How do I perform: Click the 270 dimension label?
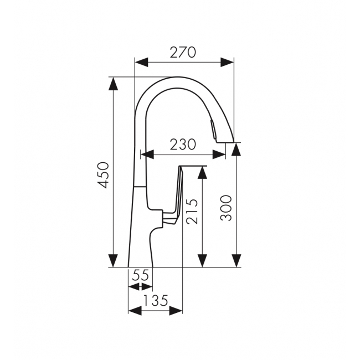183,53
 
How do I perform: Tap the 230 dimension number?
183,145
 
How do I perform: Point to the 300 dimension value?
226,208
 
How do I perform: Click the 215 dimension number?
192,211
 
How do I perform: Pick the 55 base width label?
141,275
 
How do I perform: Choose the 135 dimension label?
156,300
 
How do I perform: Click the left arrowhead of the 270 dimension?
141,62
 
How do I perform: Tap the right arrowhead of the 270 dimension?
227,62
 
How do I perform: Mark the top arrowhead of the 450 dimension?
114,84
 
